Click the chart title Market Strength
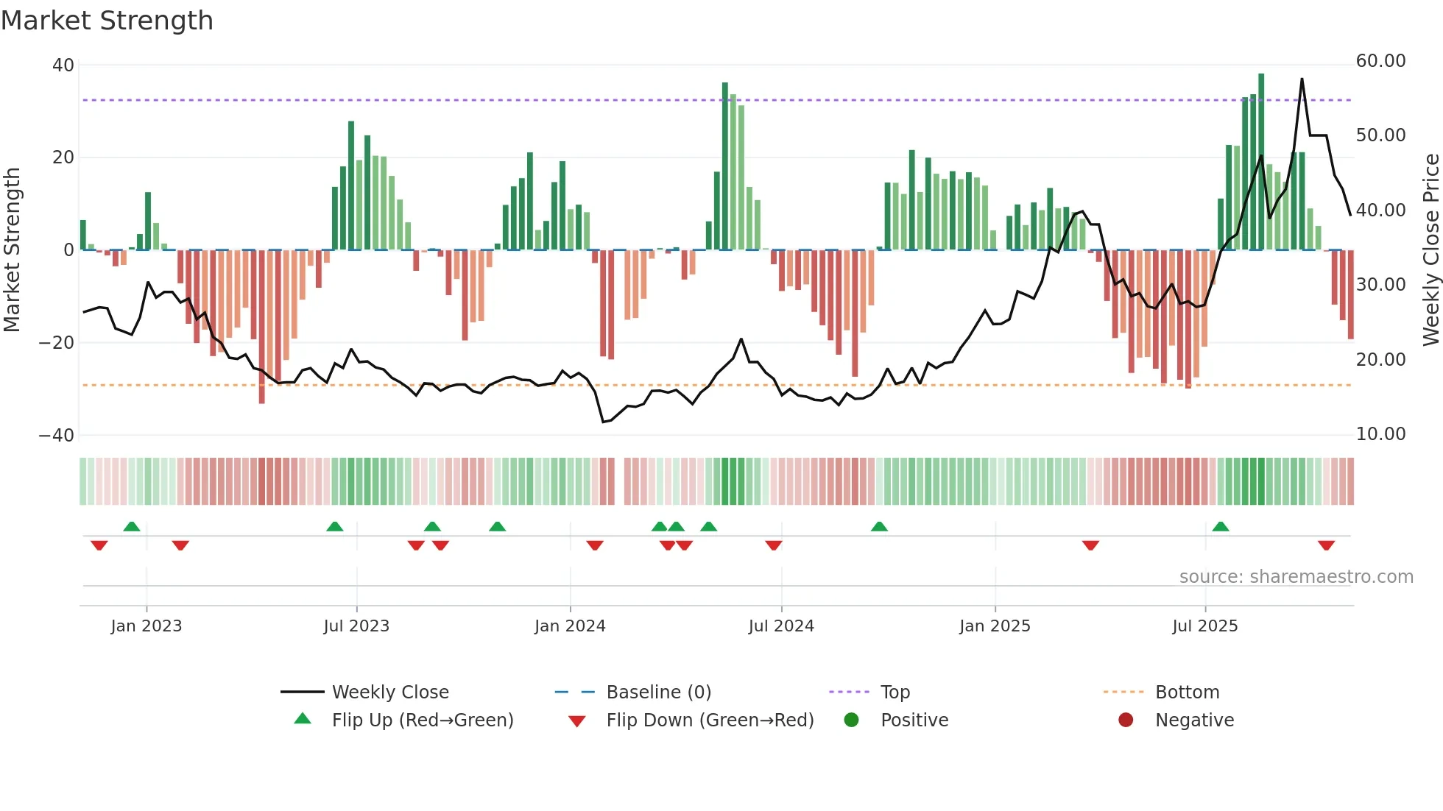pyautogui.click(x=107, y=21)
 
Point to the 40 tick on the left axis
pyautogui.click(x=63, y=65)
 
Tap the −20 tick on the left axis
pyautogui.click(x=57, y=343)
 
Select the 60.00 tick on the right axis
pyautogui.click(x=1380, y=61)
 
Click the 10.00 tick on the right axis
pyautogui.click(x=1380, y=434)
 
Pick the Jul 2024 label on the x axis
pyautogui.click(x=781, y=626)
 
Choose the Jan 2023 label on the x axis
pyautogui.click(x=147, y=626)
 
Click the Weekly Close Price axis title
pyautogui.click(x=1430, y=250)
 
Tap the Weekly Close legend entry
pyautogui.click(x=390, y=693)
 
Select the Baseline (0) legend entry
pyautogui.click(x=658, y=693)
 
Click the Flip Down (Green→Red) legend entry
pyautogui.click(x=710, y=720)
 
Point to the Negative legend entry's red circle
pyautogui.click(x=1126, y=720)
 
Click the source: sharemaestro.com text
pyautogui.click(x=1296, y=577)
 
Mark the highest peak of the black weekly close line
pyautogui.click(x=1302, y=79)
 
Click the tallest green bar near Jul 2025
pyautogui.click(x=1261, y=162)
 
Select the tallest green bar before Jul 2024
pyautogui.click(x=725, y=166)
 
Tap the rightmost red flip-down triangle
pyautogui.click(x=1326, y=545)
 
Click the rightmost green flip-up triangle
pyautogui.click(x=1221, y=526)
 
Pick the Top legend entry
pyautogui.click(x=895, y=693)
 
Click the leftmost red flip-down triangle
pyautogui.click(x=99, y=545)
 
